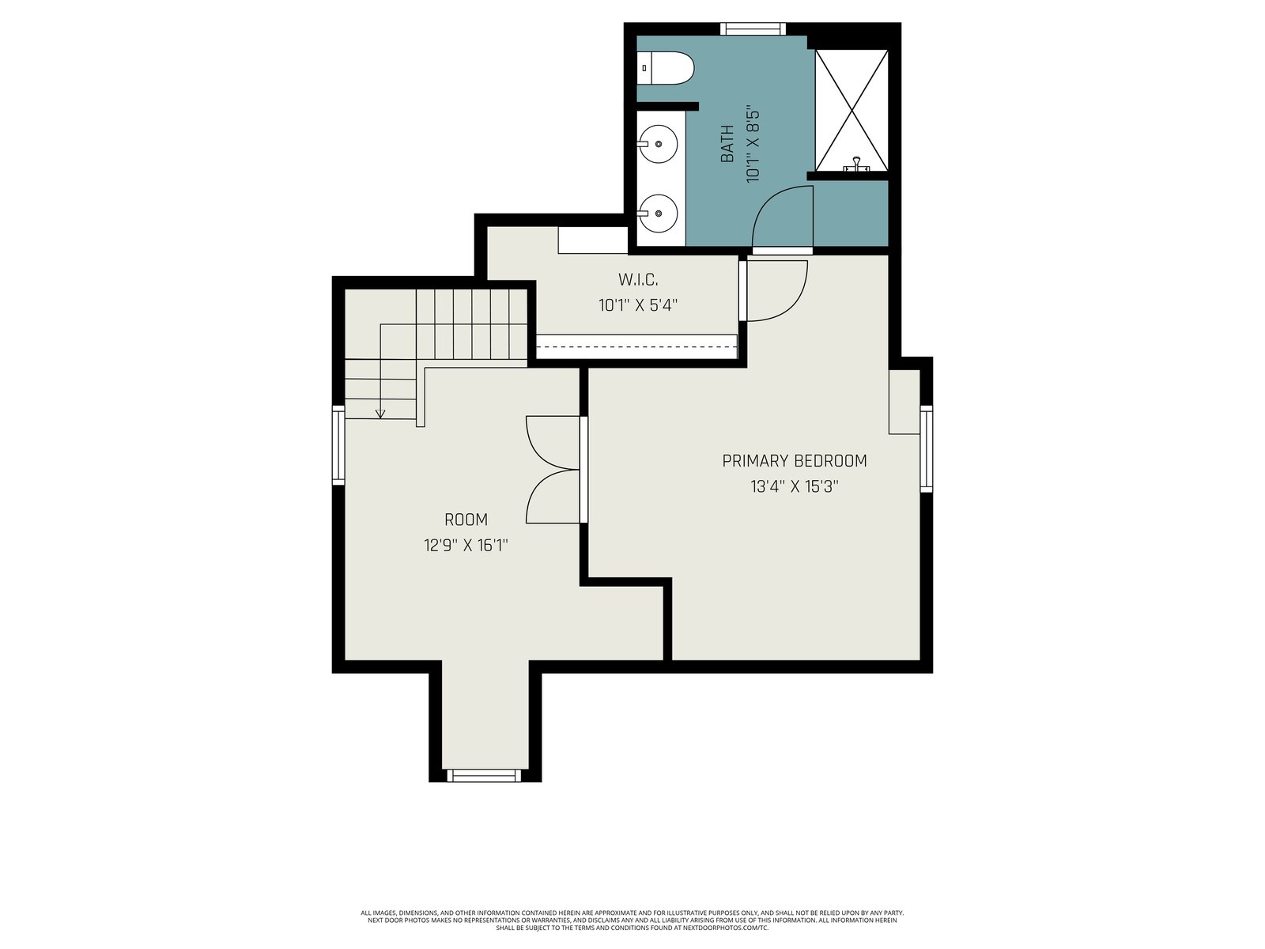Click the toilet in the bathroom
coord(665,68)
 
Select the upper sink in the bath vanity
coord(658,144)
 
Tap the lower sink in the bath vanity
coord(658,214)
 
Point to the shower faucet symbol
coord(856,164)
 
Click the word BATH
coord(727,144)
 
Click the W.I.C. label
coord(638,279)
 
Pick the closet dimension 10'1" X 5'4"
coord(638,304)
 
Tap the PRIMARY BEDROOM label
coord(794,461)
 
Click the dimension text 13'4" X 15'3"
coord(794,487)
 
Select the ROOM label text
coord(466,520)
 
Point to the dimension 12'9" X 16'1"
coord(466,545)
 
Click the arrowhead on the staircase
coord(379,414)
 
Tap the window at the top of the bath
coord(753,28)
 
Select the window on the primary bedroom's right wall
coord(926,449)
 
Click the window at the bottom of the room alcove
coord(484,776)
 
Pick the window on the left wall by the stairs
coord(338,444)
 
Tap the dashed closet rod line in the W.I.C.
coord(636,347)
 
